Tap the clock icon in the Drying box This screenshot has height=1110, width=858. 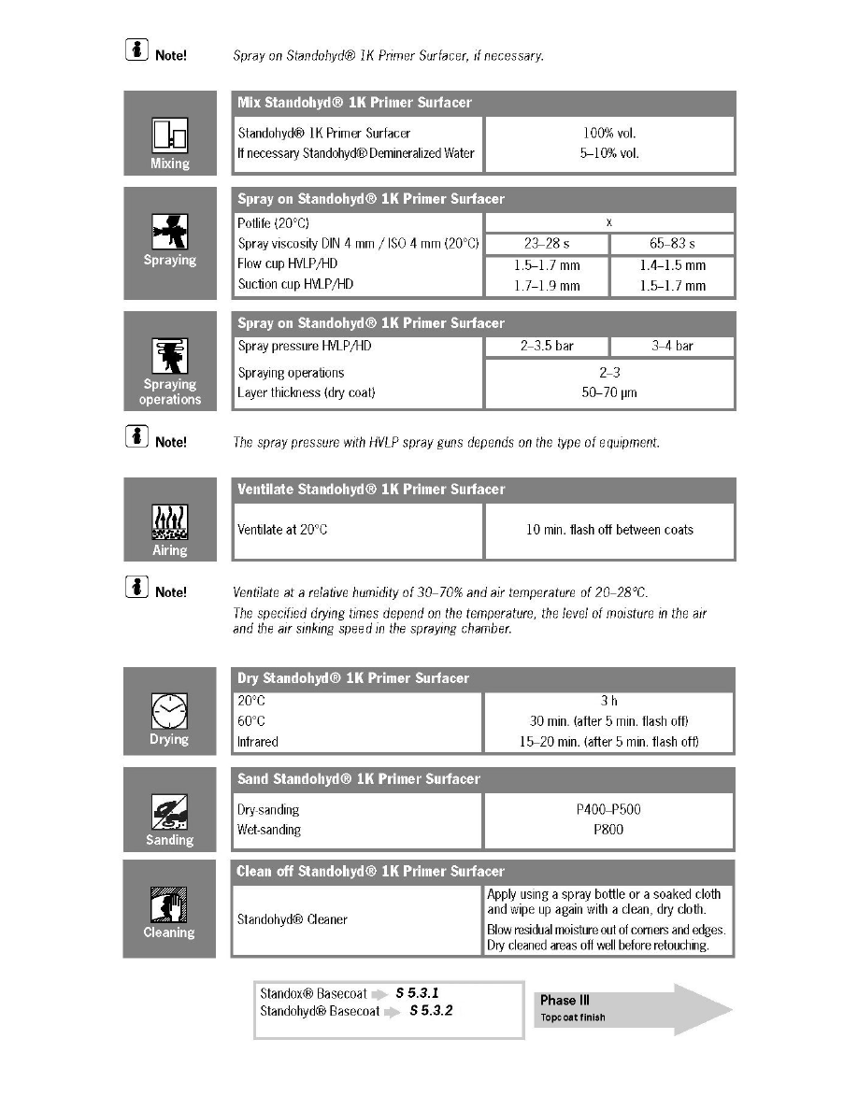tap(169, 713)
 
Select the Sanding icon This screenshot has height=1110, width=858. tap(169, 813)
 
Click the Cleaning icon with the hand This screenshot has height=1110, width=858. tap(169, 905)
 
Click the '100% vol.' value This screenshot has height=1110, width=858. tap(608, 134)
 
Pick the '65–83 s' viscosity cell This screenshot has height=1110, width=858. tap(671, 244)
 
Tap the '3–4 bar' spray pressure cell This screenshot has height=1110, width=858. tap(671, 346)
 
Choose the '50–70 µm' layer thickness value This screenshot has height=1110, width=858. tap(608, 393)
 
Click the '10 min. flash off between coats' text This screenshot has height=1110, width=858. tap(609, 530)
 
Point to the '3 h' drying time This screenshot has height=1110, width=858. tap(608, 700)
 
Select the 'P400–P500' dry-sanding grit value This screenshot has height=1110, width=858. tap(608, 810)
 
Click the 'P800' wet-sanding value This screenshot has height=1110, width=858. tap(608, 830)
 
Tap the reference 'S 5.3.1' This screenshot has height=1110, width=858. tap(418, 994)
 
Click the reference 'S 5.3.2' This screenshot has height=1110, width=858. tap(431, 1011)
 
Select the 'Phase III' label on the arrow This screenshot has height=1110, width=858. tap(565, 1000)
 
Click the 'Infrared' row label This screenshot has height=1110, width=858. tap(258, 742)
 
